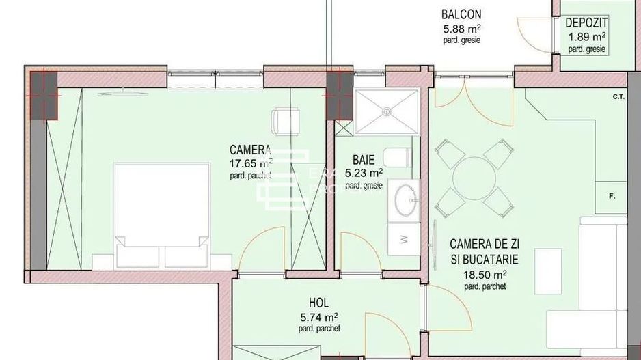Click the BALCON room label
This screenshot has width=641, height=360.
click(x=461, y=14)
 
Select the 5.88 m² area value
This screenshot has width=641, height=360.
click(x=461, y=29)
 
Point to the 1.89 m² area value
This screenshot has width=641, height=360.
click(x=586, y=37)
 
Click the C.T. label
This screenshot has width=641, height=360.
click(x=619, y=97)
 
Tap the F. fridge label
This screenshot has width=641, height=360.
click(x=612, y=197)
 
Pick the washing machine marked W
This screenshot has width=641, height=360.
click(x=403, y=239)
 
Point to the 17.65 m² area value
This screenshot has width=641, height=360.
click(x=251, y=163)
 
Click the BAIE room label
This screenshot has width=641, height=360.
click(x=364, y=161)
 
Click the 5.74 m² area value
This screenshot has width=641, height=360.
click(x=319, y=317)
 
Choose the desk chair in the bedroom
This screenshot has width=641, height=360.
click(x=282, y=122)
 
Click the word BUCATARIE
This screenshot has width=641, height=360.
click(x=491, y=260)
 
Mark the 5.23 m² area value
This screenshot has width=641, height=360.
click(x=364, y=174)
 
